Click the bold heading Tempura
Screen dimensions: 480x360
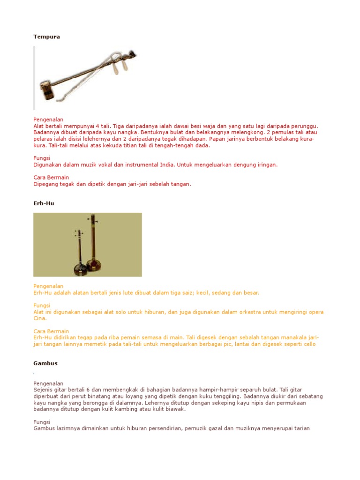[x=46, y=37]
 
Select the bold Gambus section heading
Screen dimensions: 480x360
[x=45, y=363]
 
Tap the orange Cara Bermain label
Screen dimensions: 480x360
[x=51, y=331]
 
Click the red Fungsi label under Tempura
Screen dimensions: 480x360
[x=42, y=158]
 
